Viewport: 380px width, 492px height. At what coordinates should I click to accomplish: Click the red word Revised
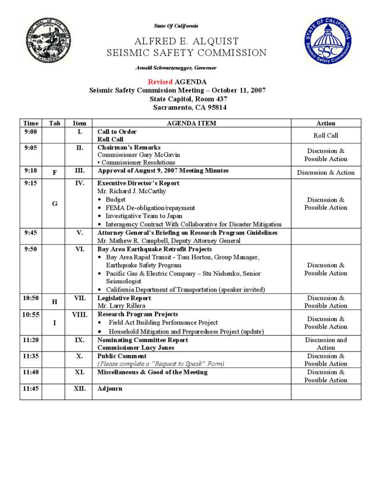click(x=160, y=82)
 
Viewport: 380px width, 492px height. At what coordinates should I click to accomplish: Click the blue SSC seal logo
click(x=327, y=42)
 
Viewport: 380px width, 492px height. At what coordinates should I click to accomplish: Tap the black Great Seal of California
click(x=48, y=41)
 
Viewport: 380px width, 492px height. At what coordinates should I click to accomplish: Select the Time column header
click(x=31, y=123)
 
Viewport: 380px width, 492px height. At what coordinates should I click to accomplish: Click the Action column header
click(x=326, y=123)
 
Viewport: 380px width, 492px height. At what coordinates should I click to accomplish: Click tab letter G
click(x=54, y=204)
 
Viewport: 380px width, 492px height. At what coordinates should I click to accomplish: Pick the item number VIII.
click(x=79, y=315)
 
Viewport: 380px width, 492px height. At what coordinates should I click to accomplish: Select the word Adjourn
click(x=110, y=389)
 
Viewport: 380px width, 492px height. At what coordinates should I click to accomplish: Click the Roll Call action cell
click(x=326, y=135)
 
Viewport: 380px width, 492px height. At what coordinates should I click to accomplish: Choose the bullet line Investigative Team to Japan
click(x=144, y=216)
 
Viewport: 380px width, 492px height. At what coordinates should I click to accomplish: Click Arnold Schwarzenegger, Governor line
click(x=176, y=68)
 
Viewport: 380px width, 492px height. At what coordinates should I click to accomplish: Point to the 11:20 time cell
click(x=31, y=340)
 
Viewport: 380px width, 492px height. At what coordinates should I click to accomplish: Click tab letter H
click(x=54, y=302)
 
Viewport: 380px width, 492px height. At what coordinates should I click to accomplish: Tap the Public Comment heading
click(x=122, y=356)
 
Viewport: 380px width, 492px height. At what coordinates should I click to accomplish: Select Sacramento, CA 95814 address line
click(x=190, y=108)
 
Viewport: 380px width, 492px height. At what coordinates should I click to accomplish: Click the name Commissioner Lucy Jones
click(x=136, y=348)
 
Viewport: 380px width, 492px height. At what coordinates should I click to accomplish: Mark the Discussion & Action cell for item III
click(x=326, y=172)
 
